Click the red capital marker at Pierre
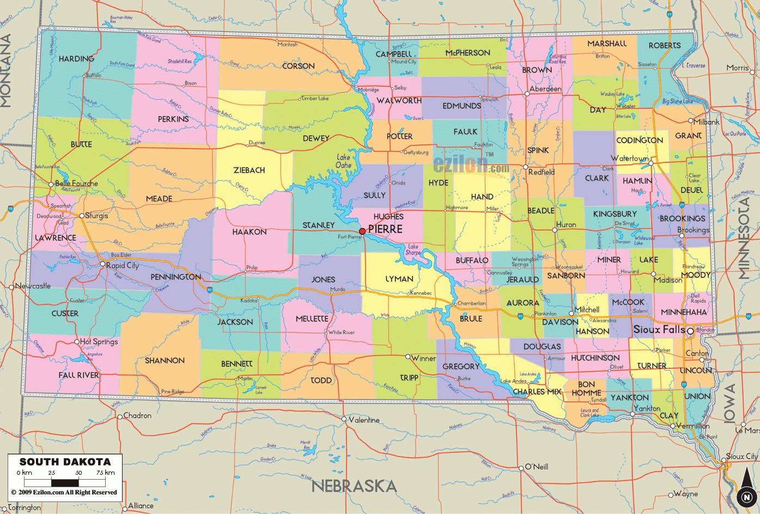(362, 231)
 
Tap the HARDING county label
(76, 59)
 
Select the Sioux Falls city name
(659, 330)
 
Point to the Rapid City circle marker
(102, 264)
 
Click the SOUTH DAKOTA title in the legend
(65, 462)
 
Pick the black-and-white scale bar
(65, 482)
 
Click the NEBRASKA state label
(354, 486)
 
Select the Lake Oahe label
(344, 161)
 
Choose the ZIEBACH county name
(249, 171)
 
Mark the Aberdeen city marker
(527, 94)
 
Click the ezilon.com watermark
(471, 164)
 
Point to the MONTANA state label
(6, 71)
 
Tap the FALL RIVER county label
(79, 375)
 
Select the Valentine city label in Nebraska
(364, 420)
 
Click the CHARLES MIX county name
(537, 391)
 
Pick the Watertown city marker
(650, 163)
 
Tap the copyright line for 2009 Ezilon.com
(64, 492)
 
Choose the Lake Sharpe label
(414, 250)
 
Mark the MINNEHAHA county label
(684, 312)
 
